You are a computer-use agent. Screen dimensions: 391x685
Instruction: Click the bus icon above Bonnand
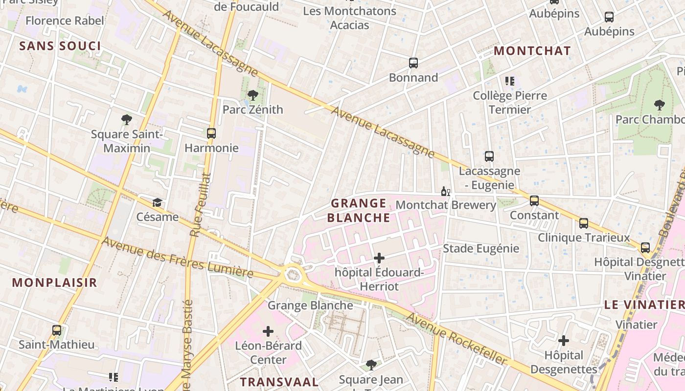[x=413, y=63]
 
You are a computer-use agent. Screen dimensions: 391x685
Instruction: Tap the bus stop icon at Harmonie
[x=211, y=133]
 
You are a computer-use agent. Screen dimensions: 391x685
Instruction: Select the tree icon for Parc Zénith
[x=253, y=95]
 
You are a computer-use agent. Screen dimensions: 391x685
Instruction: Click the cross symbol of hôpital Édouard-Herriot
[x=379, y=258]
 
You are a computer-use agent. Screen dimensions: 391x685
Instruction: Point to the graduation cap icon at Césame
[x=157, y=202]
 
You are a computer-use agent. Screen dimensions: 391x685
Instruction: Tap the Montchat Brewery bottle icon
[x=445, y=191]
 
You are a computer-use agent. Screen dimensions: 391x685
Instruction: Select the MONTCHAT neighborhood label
[x=532, y=51]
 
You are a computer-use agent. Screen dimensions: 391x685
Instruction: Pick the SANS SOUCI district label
[x=60, y=46]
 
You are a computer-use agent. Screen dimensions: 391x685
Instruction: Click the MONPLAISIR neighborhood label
[x=55, y=282]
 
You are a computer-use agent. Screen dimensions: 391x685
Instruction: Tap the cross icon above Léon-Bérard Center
[x=268, y=331]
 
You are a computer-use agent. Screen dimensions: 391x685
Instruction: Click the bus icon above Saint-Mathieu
[x=57, y=330]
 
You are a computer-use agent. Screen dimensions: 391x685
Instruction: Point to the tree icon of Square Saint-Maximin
[x=127, y=119]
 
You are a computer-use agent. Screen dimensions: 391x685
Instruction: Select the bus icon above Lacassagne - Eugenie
[x=489, y=156]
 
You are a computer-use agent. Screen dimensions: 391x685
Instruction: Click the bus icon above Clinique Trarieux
[x=584, y=223]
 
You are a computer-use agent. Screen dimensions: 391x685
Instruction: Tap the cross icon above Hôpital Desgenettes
[x=564, y=340]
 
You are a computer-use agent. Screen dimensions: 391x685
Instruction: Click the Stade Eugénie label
[x=480, y=248]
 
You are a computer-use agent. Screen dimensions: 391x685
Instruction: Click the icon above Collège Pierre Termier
[x=510, y=81]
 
